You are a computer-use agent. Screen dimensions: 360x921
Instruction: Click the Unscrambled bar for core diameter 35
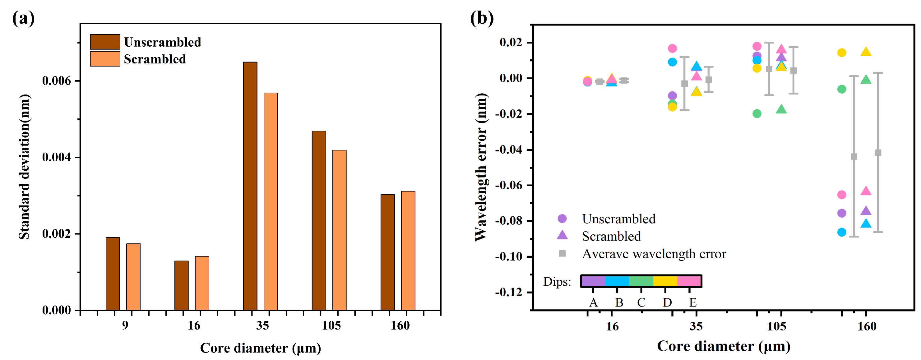coord(250,186)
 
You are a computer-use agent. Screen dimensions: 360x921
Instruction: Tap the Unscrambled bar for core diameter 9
coord(113,274)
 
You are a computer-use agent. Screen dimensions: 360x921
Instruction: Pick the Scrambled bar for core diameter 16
coord(202,283)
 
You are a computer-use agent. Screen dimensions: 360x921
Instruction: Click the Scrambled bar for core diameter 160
coord(408,250)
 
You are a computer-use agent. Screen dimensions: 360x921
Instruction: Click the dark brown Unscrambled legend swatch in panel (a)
coord(105,42)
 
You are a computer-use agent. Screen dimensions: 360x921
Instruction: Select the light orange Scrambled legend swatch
coord(105,59)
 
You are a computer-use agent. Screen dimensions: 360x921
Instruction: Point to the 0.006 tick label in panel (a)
coord(57,81)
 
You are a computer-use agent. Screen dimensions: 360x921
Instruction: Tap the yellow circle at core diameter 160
coord(842,53)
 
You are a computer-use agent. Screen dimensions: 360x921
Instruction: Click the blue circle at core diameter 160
coord(842,232)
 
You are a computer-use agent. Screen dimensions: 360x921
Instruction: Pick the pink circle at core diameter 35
coord(672,48)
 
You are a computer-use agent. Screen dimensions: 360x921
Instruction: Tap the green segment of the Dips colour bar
coord(641,281)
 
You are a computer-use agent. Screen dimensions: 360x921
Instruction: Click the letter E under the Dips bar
coord(693,303)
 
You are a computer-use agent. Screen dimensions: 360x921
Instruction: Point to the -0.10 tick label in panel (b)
coord(508,256)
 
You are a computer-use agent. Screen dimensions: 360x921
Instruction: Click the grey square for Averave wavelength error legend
coord(562,253)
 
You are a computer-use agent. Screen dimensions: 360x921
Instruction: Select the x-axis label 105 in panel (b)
coord(776,326)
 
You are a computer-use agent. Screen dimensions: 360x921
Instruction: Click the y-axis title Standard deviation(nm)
coord(24,167)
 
